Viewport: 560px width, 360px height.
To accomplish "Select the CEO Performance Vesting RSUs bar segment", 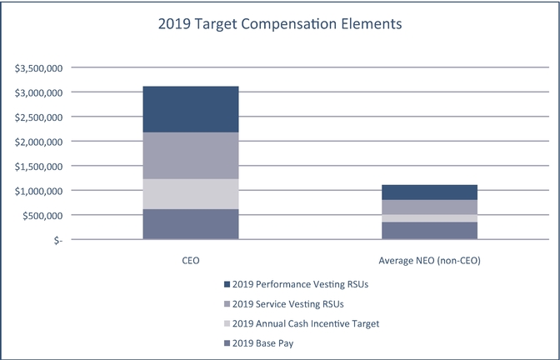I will pyautogui.click(x=191, y=109).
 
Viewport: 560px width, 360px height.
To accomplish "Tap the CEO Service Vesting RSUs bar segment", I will pyautogui.click(x=191, y=156).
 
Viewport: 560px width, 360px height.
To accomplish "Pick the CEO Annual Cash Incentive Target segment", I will pyautogui.click(x=191, y=194).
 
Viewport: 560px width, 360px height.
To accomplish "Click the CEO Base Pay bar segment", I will pyautogui.click(x=191, y=224).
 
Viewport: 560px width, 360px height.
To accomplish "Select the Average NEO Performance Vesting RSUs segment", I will pyautogui.click(x=430, y=192).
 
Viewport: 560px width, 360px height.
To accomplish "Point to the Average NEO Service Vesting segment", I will pyautogui.click(x=430, y=207).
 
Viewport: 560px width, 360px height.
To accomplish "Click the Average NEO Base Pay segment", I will pyautogui.click(x=430, y=231).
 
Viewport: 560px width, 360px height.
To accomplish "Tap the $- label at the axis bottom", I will pyautogui.click(x=55, y=240).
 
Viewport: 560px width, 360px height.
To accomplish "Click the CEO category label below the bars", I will pyautogui.click(x=191, y=261).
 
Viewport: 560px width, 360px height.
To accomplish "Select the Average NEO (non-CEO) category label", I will pyautogui.click(x=430, y=261).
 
